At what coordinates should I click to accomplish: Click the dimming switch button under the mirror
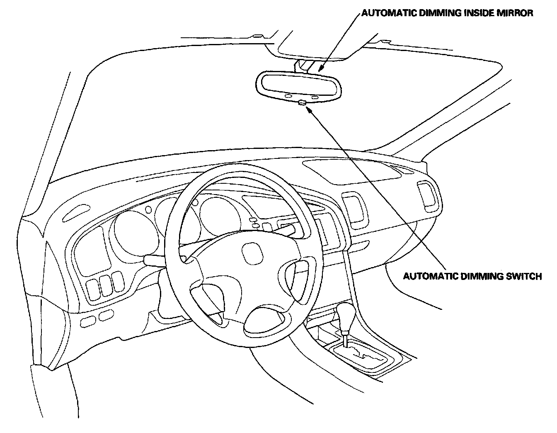302,102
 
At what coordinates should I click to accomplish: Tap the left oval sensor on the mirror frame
288,96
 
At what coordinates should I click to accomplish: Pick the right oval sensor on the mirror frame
315,97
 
